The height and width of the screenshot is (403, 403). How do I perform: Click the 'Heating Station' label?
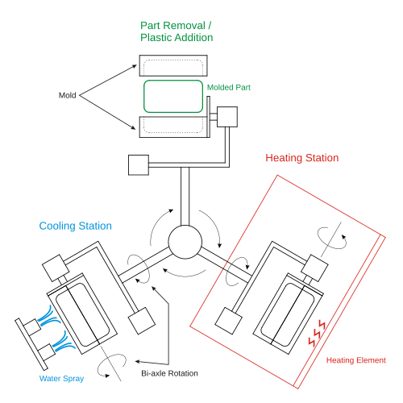point(302,158)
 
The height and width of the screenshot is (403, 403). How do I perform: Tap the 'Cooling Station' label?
point(76,226)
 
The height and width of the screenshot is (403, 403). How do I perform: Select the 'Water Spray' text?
point(61,379)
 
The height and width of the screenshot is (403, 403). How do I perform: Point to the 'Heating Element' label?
point(356,360)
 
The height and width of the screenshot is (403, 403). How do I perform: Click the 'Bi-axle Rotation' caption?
point(169,373)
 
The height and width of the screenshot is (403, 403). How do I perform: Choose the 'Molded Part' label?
point(229,87)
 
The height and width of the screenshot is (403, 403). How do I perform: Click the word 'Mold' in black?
point(68,95)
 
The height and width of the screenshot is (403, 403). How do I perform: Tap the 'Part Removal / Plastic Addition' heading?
point(177,31)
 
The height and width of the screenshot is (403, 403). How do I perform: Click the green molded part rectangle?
point(173,81)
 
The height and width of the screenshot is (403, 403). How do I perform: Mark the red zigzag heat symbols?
point(317,333)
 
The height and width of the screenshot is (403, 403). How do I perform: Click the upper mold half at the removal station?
point(173,56)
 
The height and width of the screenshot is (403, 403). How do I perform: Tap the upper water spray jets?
point(48,315)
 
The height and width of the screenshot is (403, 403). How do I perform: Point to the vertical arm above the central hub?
point(185,197)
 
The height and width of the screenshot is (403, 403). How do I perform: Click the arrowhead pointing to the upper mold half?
point(135,66)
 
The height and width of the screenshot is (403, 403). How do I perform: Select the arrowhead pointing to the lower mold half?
point(133,127)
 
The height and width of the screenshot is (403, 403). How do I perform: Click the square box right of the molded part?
point(227,117)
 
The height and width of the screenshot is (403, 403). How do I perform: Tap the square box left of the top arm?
point(139,165)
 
